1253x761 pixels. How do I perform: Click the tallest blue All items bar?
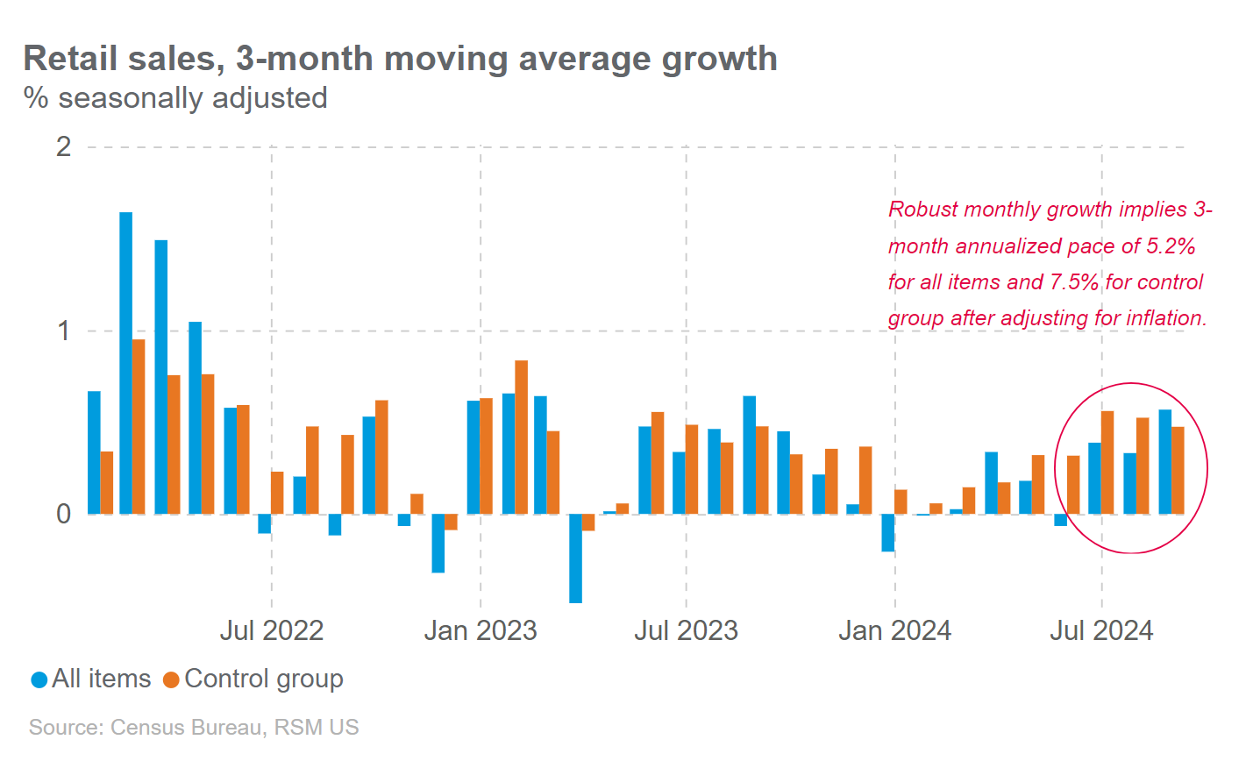pos(126,363)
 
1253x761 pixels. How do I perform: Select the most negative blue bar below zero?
pos(575,558)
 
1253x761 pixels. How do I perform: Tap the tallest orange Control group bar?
pos(139,426)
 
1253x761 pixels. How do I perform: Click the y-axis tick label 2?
pos(63,146)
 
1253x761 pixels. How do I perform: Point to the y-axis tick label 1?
pos(63,331)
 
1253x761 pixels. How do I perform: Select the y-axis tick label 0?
pos(63,514)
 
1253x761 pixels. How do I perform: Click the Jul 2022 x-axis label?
pos(271,630)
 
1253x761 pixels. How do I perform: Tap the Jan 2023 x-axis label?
pos(480,630)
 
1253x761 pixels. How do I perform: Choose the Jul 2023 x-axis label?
pos(686,630)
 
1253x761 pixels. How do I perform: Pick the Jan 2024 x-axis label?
pos(894,630)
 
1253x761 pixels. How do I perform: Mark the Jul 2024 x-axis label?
pos(1101,630)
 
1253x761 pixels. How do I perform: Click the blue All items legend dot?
pos(39,679)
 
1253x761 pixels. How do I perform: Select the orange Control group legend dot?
pos(172,679)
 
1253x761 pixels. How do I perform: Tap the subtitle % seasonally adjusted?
pos(175,97)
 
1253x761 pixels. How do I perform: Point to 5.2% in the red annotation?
pos(1171,246)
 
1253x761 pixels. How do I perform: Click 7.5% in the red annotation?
pos(1073,282)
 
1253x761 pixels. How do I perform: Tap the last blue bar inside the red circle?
pos(1165,462)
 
